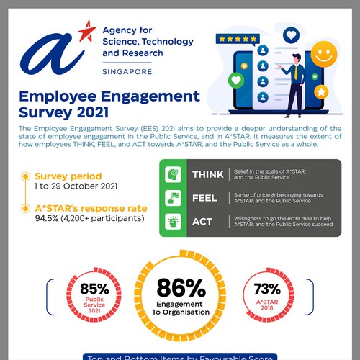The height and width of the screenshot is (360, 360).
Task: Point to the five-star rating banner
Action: pos(239,37)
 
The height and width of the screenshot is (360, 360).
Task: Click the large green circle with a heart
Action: pos(235,79)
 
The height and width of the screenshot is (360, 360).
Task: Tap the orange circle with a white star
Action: pos(321,92)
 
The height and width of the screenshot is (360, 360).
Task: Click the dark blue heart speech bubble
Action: pos(290,34)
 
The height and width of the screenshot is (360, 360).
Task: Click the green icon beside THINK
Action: pos(173,174)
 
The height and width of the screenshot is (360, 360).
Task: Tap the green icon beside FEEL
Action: pos(173,198)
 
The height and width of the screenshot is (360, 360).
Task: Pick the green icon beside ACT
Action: pos(173,222)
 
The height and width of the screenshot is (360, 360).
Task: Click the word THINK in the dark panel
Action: pos(207,174)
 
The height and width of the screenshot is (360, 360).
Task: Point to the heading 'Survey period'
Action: pos(68,175)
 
